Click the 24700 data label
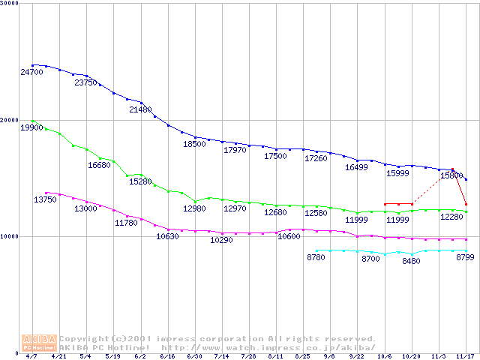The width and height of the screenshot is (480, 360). [x=31, y=73]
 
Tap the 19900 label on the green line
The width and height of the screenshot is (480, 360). [x=31, y=128]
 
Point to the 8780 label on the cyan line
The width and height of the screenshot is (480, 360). [x=318, y=258]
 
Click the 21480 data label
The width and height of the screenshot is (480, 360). [x=140, y=110]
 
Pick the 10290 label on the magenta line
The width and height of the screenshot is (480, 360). [x=221, y=241]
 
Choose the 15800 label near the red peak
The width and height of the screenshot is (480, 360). [x=451, y=175]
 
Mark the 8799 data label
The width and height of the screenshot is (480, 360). [x=466, y=258]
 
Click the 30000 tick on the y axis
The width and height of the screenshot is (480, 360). [x=10, y=4]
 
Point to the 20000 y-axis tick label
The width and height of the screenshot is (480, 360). [x=10, y=120]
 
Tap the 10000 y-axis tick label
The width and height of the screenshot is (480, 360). [x=10, y=236]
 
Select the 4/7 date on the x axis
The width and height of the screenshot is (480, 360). [x=31, y=357]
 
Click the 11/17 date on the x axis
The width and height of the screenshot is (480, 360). [x=466, y=357]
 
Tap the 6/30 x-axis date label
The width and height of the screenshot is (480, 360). [x=194, y=357]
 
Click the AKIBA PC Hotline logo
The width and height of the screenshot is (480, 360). [x=40, y=343]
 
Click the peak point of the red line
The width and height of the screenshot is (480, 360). [x=452, y=169]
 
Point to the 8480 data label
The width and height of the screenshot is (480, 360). [x=411, y=262]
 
